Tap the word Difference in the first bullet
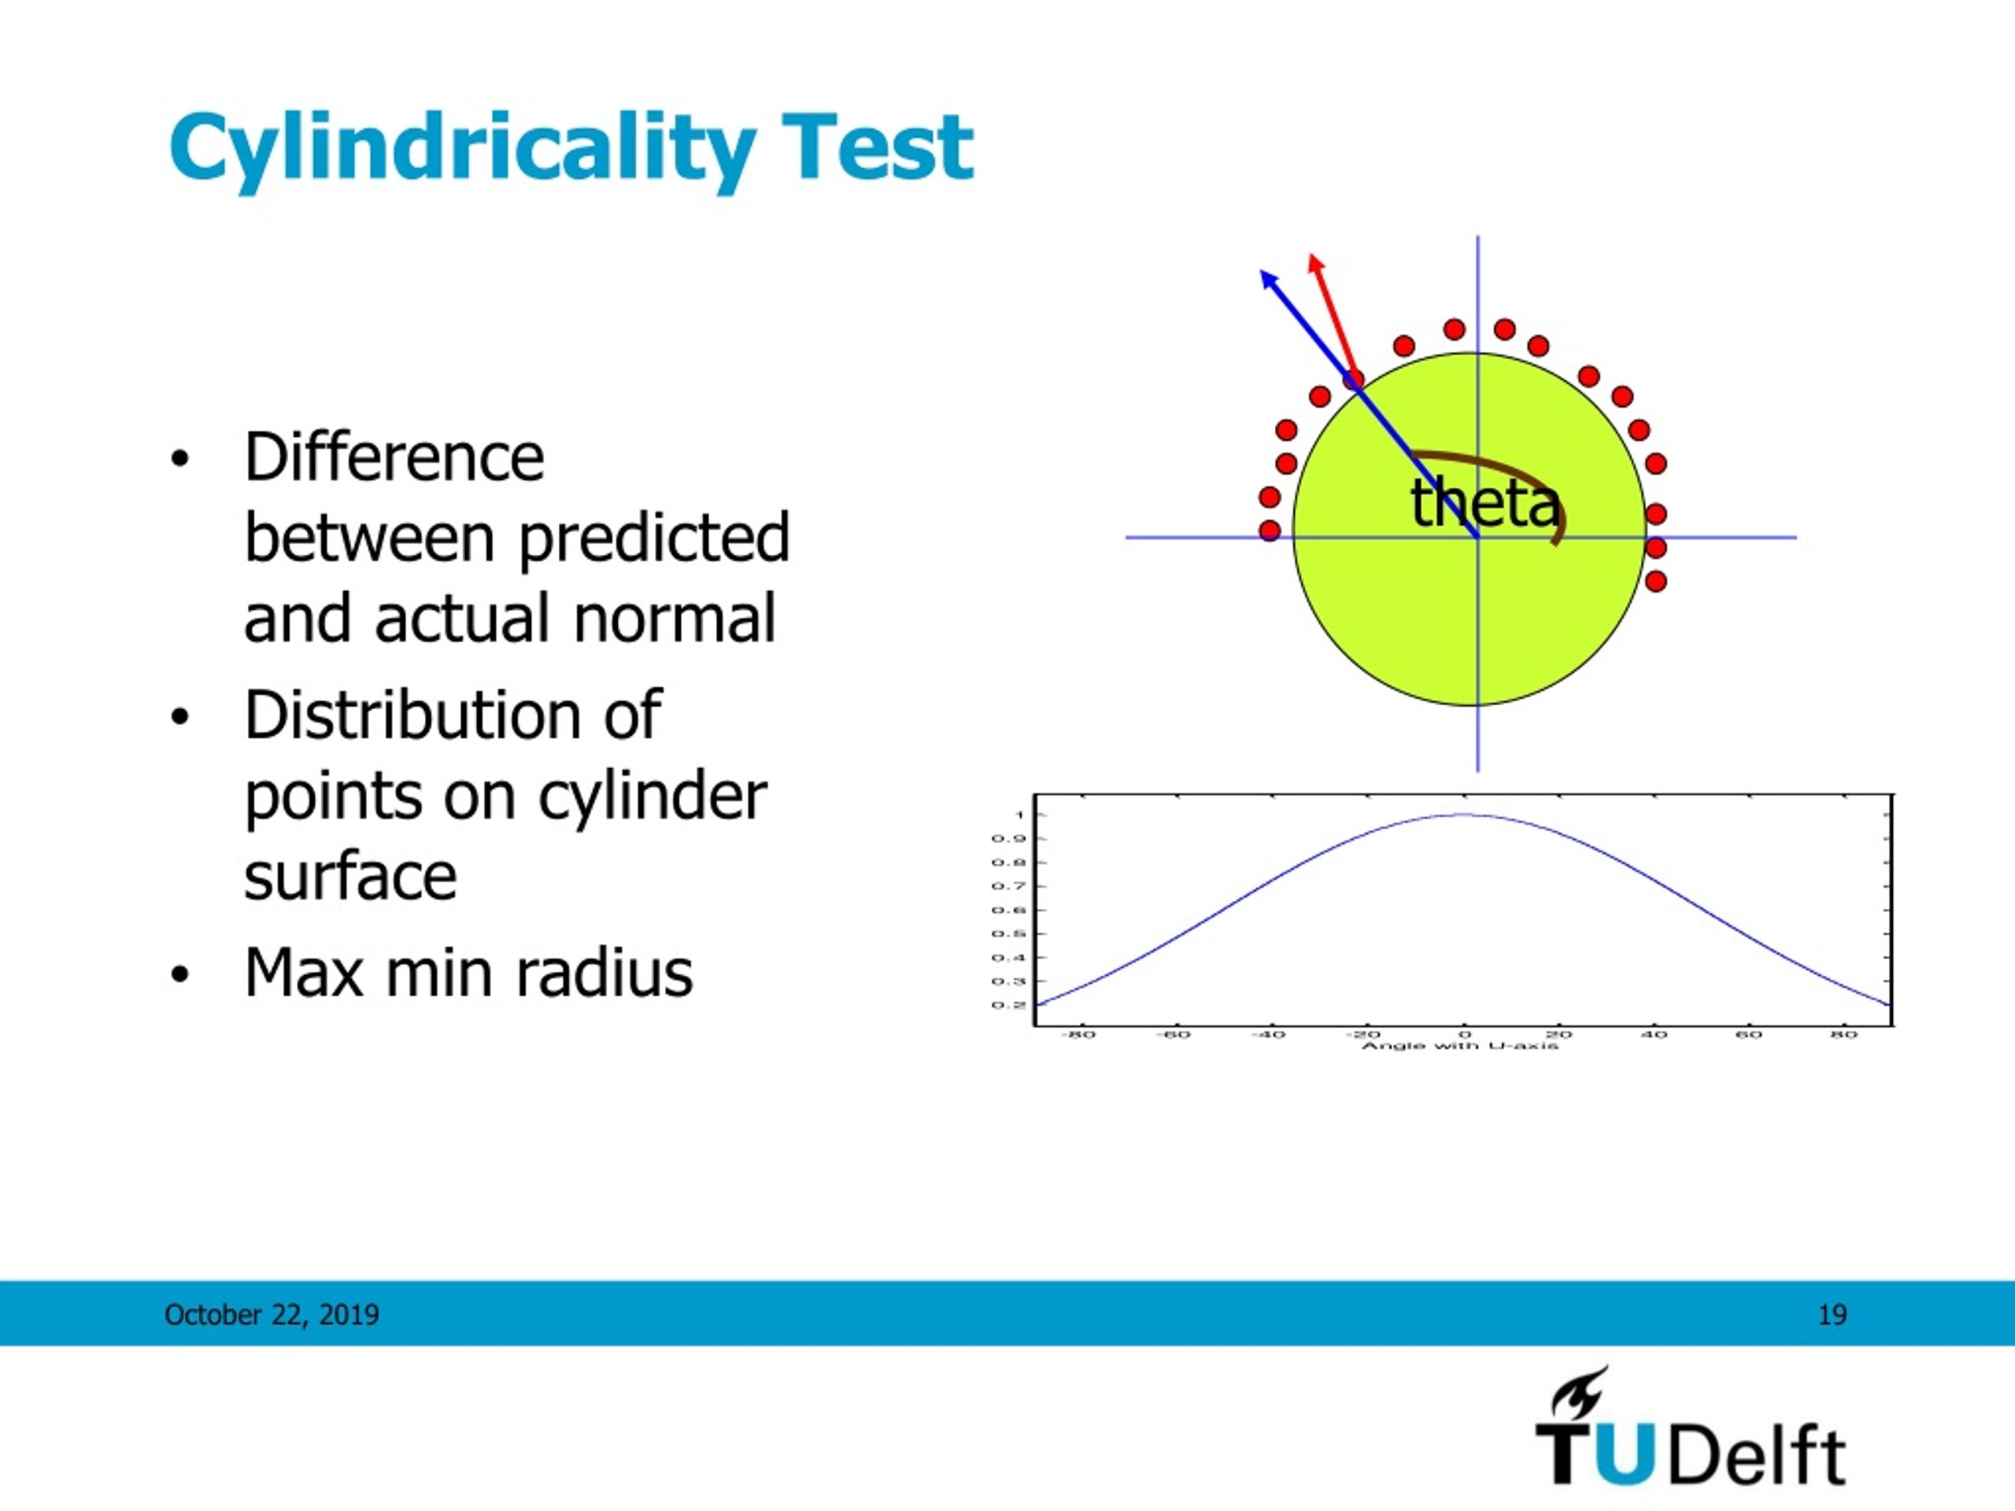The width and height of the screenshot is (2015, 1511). tap(394, 457)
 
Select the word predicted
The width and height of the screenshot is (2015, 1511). tap(653, 538)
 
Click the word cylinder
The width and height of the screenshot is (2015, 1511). tap(653, 797)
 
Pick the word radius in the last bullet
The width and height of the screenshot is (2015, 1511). tap(604, 973)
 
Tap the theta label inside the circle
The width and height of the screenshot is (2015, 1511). tap(1484, 503)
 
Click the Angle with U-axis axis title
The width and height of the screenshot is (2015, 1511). tap(1460, 1046)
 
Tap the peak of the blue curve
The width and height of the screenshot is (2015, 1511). tap(1463, 815)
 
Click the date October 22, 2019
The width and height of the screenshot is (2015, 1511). tap(272, 1314)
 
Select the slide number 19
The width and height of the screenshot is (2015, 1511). tap(1832, 1314)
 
